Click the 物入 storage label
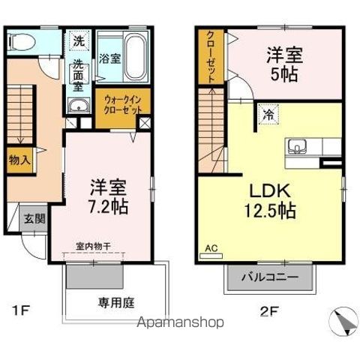(x=20, y=160)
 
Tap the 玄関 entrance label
(x=34, y=218)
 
